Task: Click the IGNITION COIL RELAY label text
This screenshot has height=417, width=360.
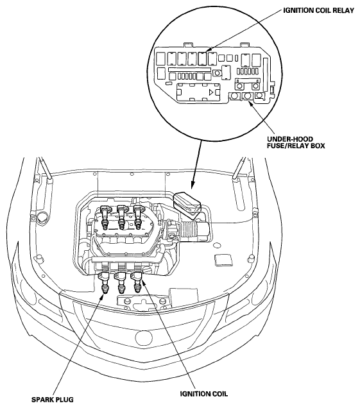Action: (318, 11)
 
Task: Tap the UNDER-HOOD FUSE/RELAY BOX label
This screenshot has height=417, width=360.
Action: (296, 142)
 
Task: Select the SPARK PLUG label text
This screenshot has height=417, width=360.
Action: (53, 400)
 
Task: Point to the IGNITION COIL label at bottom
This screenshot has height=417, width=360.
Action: (204, 394)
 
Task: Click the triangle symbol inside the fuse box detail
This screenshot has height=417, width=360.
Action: (211, 92)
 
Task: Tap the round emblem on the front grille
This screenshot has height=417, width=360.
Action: (144, 337)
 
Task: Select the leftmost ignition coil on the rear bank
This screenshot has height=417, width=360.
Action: (105, 217)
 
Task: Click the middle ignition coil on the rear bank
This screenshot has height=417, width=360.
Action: (122, 217)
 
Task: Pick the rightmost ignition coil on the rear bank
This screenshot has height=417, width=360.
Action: (138, 217)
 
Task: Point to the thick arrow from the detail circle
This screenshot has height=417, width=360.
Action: (196, 164)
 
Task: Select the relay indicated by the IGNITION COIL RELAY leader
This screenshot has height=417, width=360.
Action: (203, 59)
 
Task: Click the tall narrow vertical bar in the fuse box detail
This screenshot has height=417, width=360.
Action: (265, 74)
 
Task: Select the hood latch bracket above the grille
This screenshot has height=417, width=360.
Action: (144, 302)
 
